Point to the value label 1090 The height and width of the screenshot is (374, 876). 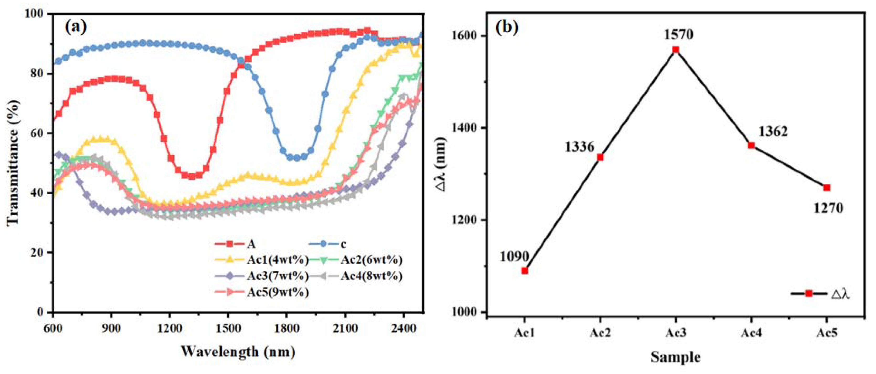[x=514, y=257]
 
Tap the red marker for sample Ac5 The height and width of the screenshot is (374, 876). [x=827, y=188]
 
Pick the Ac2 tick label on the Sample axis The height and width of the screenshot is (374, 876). [x=600, y=333]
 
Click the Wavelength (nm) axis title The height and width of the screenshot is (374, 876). [x=238, y=351]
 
